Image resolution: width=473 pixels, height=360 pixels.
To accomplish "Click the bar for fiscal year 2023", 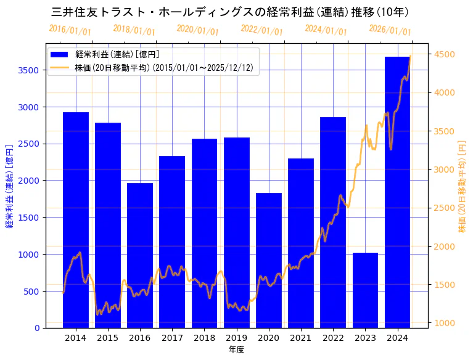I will coord(365,290).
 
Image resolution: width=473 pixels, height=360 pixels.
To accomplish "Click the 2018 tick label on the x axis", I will coord(204,338).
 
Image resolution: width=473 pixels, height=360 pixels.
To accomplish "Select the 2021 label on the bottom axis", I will coord(301,338).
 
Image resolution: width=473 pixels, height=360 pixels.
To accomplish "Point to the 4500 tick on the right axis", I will coord(445,54).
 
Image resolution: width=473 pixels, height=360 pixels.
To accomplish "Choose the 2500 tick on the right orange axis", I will coord(445,208).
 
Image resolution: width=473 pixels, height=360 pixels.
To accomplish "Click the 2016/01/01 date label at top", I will coord(70,30).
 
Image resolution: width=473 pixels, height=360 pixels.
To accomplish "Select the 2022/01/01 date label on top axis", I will coord(262,30).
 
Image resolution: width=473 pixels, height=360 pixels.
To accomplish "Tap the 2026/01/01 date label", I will coord(390,30).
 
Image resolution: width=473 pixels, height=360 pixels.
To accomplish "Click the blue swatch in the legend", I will coord(61,54).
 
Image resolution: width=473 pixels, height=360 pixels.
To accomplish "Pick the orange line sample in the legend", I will coord(61,67).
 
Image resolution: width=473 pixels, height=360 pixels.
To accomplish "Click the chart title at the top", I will coord(231,12).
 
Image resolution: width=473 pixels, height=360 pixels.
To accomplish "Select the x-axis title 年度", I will coord(236,350).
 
